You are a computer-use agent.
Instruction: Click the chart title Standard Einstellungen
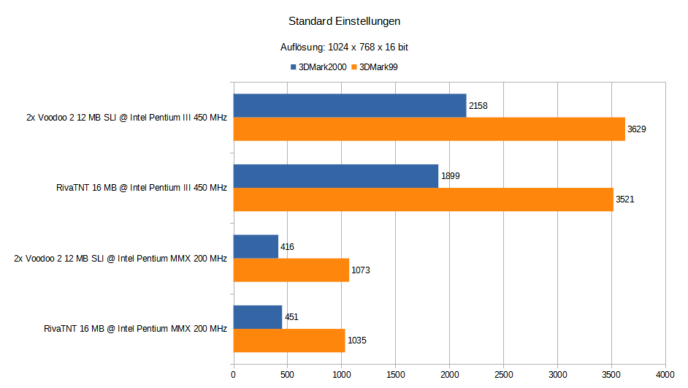click(x=344, y=21)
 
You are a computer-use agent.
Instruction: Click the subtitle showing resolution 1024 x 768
click(x=344, y=47)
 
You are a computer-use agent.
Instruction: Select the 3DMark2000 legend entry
click(x=318, y=66)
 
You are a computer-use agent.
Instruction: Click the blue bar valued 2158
click(x=349, y=105)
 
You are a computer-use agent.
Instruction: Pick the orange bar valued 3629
click(x=429, y=129)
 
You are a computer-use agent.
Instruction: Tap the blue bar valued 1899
click(x=335, y=175)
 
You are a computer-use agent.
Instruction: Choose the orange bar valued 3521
click(x=423, y=199)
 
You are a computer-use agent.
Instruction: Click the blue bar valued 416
click(x=256, y=246)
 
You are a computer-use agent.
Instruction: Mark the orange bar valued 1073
click(x=291, y=270)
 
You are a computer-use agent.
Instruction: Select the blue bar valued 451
click(x=257, y=316)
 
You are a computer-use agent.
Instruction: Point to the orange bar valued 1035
click(x=288, y=340)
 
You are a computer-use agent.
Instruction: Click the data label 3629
click(x=636, y=129)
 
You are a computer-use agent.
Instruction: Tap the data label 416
click(x=287, y=247)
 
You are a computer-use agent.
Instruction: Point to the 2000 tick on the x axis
click(x=449, y=374)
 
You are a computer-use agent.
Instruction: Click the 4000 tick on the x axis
click(x=665, y=374)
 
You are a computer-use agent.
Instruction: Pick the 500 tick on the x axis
click(x=287, y=374)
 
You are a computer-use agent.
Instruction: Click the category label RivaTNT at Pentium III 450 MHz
click(x=141, y=188)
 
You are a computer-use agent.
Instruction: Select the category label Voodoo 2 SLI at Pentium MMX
click(x=121, y=258)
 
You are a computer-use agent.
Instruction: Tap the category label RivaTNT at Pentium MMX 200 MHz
click(x=135, y=328)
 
